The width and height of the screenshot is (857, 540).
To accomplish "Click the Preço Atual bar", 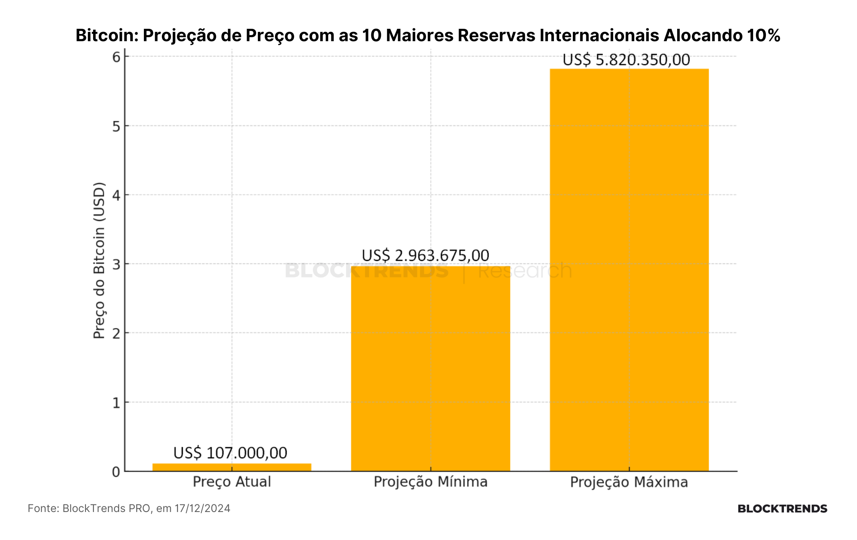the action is click(x=232, y=467).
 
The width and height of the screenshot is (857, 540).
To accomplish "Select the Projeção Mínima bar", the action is click(x=430, y=369).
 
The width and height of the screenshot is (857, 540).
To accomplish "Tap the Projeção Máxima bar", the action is click(x=629, y=270).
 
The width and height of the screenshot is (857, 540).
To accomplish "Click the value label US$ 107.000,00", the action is click(x=230, y=453).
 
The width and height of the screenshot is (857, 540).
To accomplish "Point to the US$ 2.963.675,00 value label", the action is click(x=425, y=255).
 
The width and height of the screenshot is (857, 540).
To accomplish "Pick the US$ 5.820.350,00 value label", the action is click(x=626, y=60).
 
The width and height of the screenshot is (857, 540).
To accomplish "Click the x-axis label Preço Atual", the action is click(x=232, y=482).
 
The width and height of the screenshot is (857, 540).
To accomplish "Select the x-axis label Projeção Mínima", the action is click(x=430, y=482).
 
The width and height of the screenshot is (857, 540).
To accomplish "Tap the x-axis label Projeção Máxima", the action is click(x=629, y=482).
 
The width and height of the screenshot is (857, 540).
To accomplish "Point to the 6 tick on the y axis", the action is click(x=116, y=57).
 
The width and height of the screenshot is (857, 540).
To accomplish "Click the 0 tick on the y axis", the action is click(x=116, y=472).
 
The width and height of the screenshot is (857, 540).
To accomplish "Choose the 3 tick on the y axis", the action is click(x=116, y=264).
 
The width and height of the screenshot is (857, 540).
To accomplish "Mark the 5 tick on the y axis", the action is click(x=116, y=126).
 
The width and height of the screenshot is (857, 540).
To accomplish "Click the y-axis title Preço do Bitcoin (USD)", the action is click(x=99, y=261).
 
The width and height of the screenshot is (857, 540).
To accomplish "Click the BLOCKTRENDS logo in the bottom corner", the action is click(x=782, y=509).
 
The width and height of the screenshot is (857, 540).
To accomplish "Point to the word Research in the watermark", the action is click(x=525, y=270).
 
